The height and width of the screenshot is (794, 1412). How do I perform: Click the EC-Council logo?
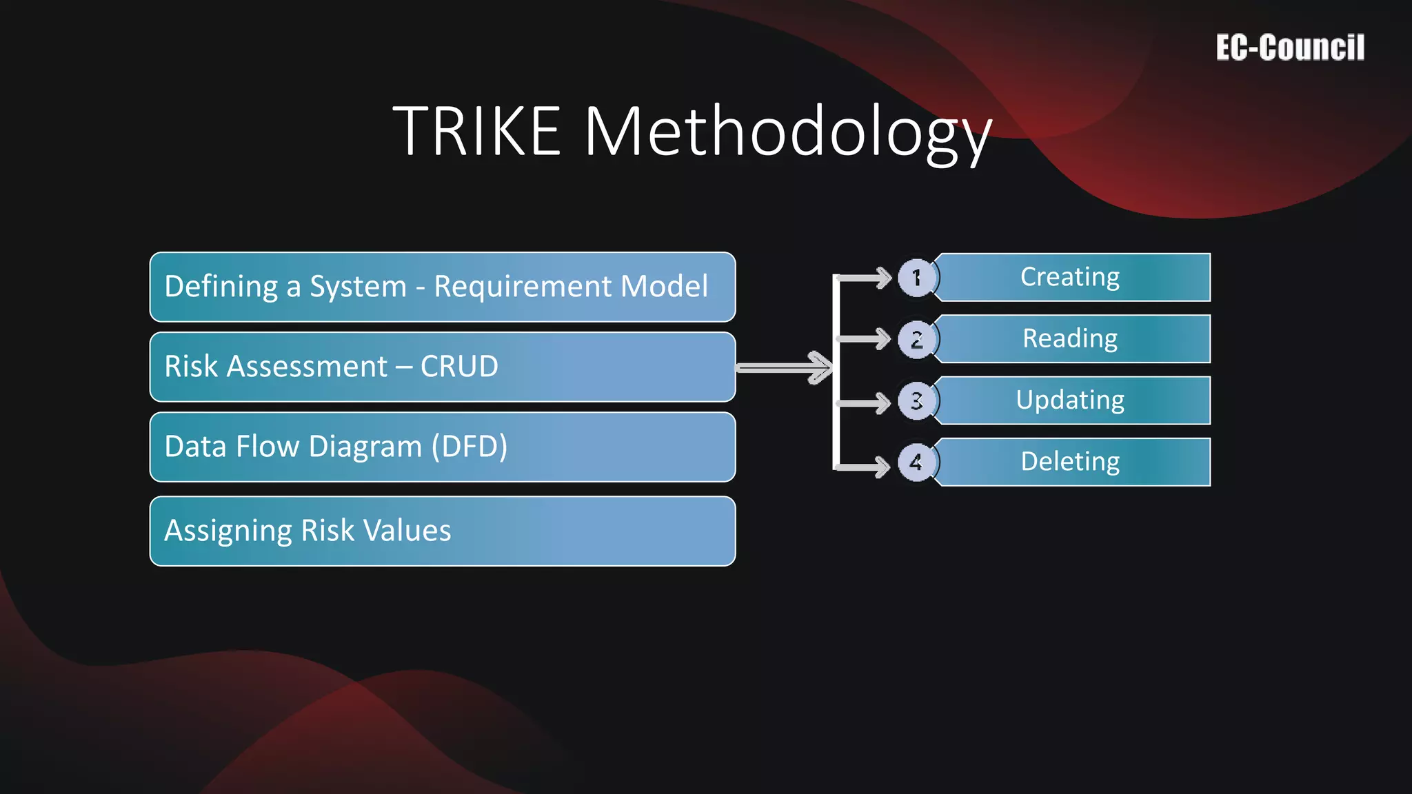coord(1289,48)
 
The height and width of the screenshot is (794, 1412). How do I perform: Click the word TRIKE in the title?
coord(477,131)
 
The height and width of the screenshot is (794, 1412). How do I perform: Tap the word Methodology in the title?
coord(787,132)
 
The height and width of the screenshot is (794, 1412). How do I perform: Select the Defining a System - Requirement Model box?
coord(442,287)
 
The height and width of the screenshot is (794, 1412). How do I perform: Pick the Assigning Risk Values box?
coord(442,531)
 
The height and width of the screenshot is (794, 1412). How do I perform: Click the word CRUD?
coord(459,367)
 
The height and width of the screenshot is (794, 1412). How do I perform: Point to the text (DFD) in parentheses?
coord(470,447)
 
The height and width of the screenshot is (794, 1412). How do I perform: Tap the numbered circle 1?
coord(916,278)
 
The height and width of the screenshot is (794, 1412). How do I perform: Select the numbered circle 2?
coord(916,339)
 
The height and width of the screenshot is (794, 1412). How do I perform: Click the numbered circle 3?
coord(916,400)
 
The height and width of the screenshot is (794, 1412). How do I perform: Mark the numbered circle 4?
coord(916,462)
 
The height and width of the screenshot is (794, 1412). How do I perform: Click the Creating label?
coord(1070,277)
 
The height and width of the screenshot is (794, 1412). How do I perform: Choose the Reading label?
coord(1070,338)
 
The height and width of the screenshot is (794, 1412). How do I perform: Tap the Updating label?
coord(1070,400)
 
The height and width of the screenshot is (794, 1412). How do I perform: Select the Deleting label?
coord(1070,461)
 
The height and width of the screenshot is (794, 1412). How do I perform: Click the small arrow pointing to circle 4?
coord(865,467)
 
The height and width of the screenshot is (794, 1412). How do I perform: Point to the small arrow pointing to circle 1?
coord(865,278)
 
